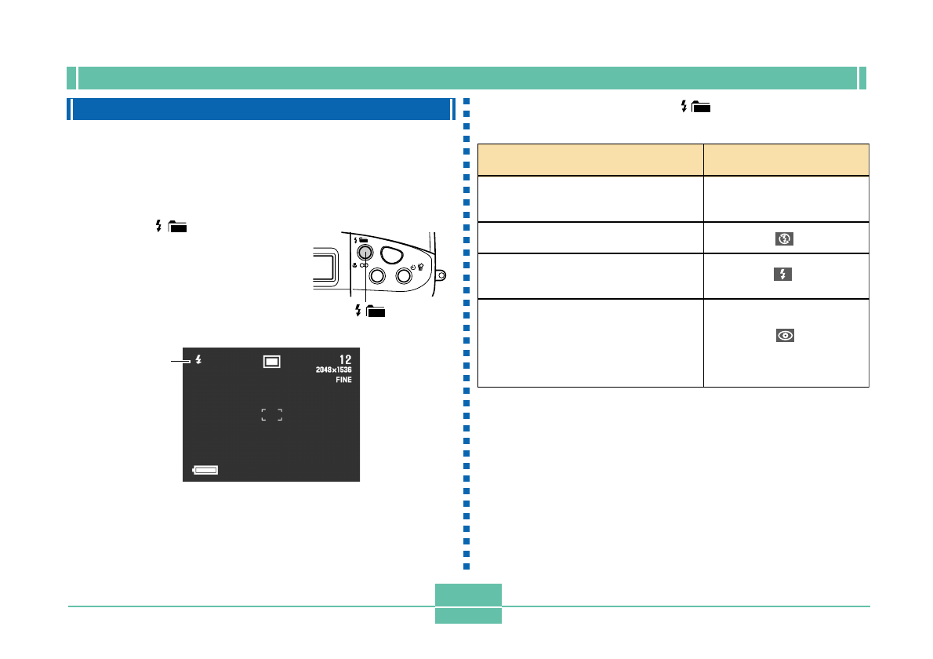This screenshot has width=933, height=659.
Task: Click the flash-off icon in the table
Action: click(786, 238)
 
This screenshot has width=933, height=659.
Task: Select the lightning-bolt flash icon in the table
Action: click(786, 275)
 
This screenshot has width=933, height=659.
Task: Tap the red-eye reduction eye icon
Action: click(786, 335)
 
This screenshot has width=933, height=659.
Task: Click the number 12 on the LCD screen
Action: click(344, 359)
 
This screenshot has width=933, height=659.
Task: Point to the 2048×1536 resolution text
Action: click(334, 370)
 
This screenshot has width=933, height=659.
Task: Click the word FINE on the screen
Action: click(343, 379)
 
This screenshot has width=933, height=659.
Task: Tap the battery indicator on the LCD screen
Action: click(205, 470)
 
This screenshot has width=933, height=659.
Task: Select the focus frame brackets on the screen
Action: click(271, 414)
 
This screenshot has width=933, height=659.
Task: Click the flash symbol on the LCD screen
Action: click(199, 359)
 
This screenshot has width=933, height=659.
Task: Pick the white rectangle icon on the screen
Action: click(271, 361)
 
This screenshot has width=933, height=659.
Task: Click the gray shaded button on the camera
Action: click(365, 253)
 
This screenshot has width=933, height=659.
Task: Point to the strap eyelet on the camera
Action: click(441, 275)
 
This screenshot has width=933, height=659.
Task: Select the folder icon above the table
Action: click(701, 108)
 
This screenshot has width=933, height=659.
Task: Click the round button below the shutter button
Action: click(405, 275)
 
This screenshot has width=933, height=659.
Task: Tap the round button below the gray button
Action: click(376, 275)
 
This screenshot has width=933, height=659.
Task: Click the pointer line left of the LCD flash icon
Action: click(181, 361)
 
